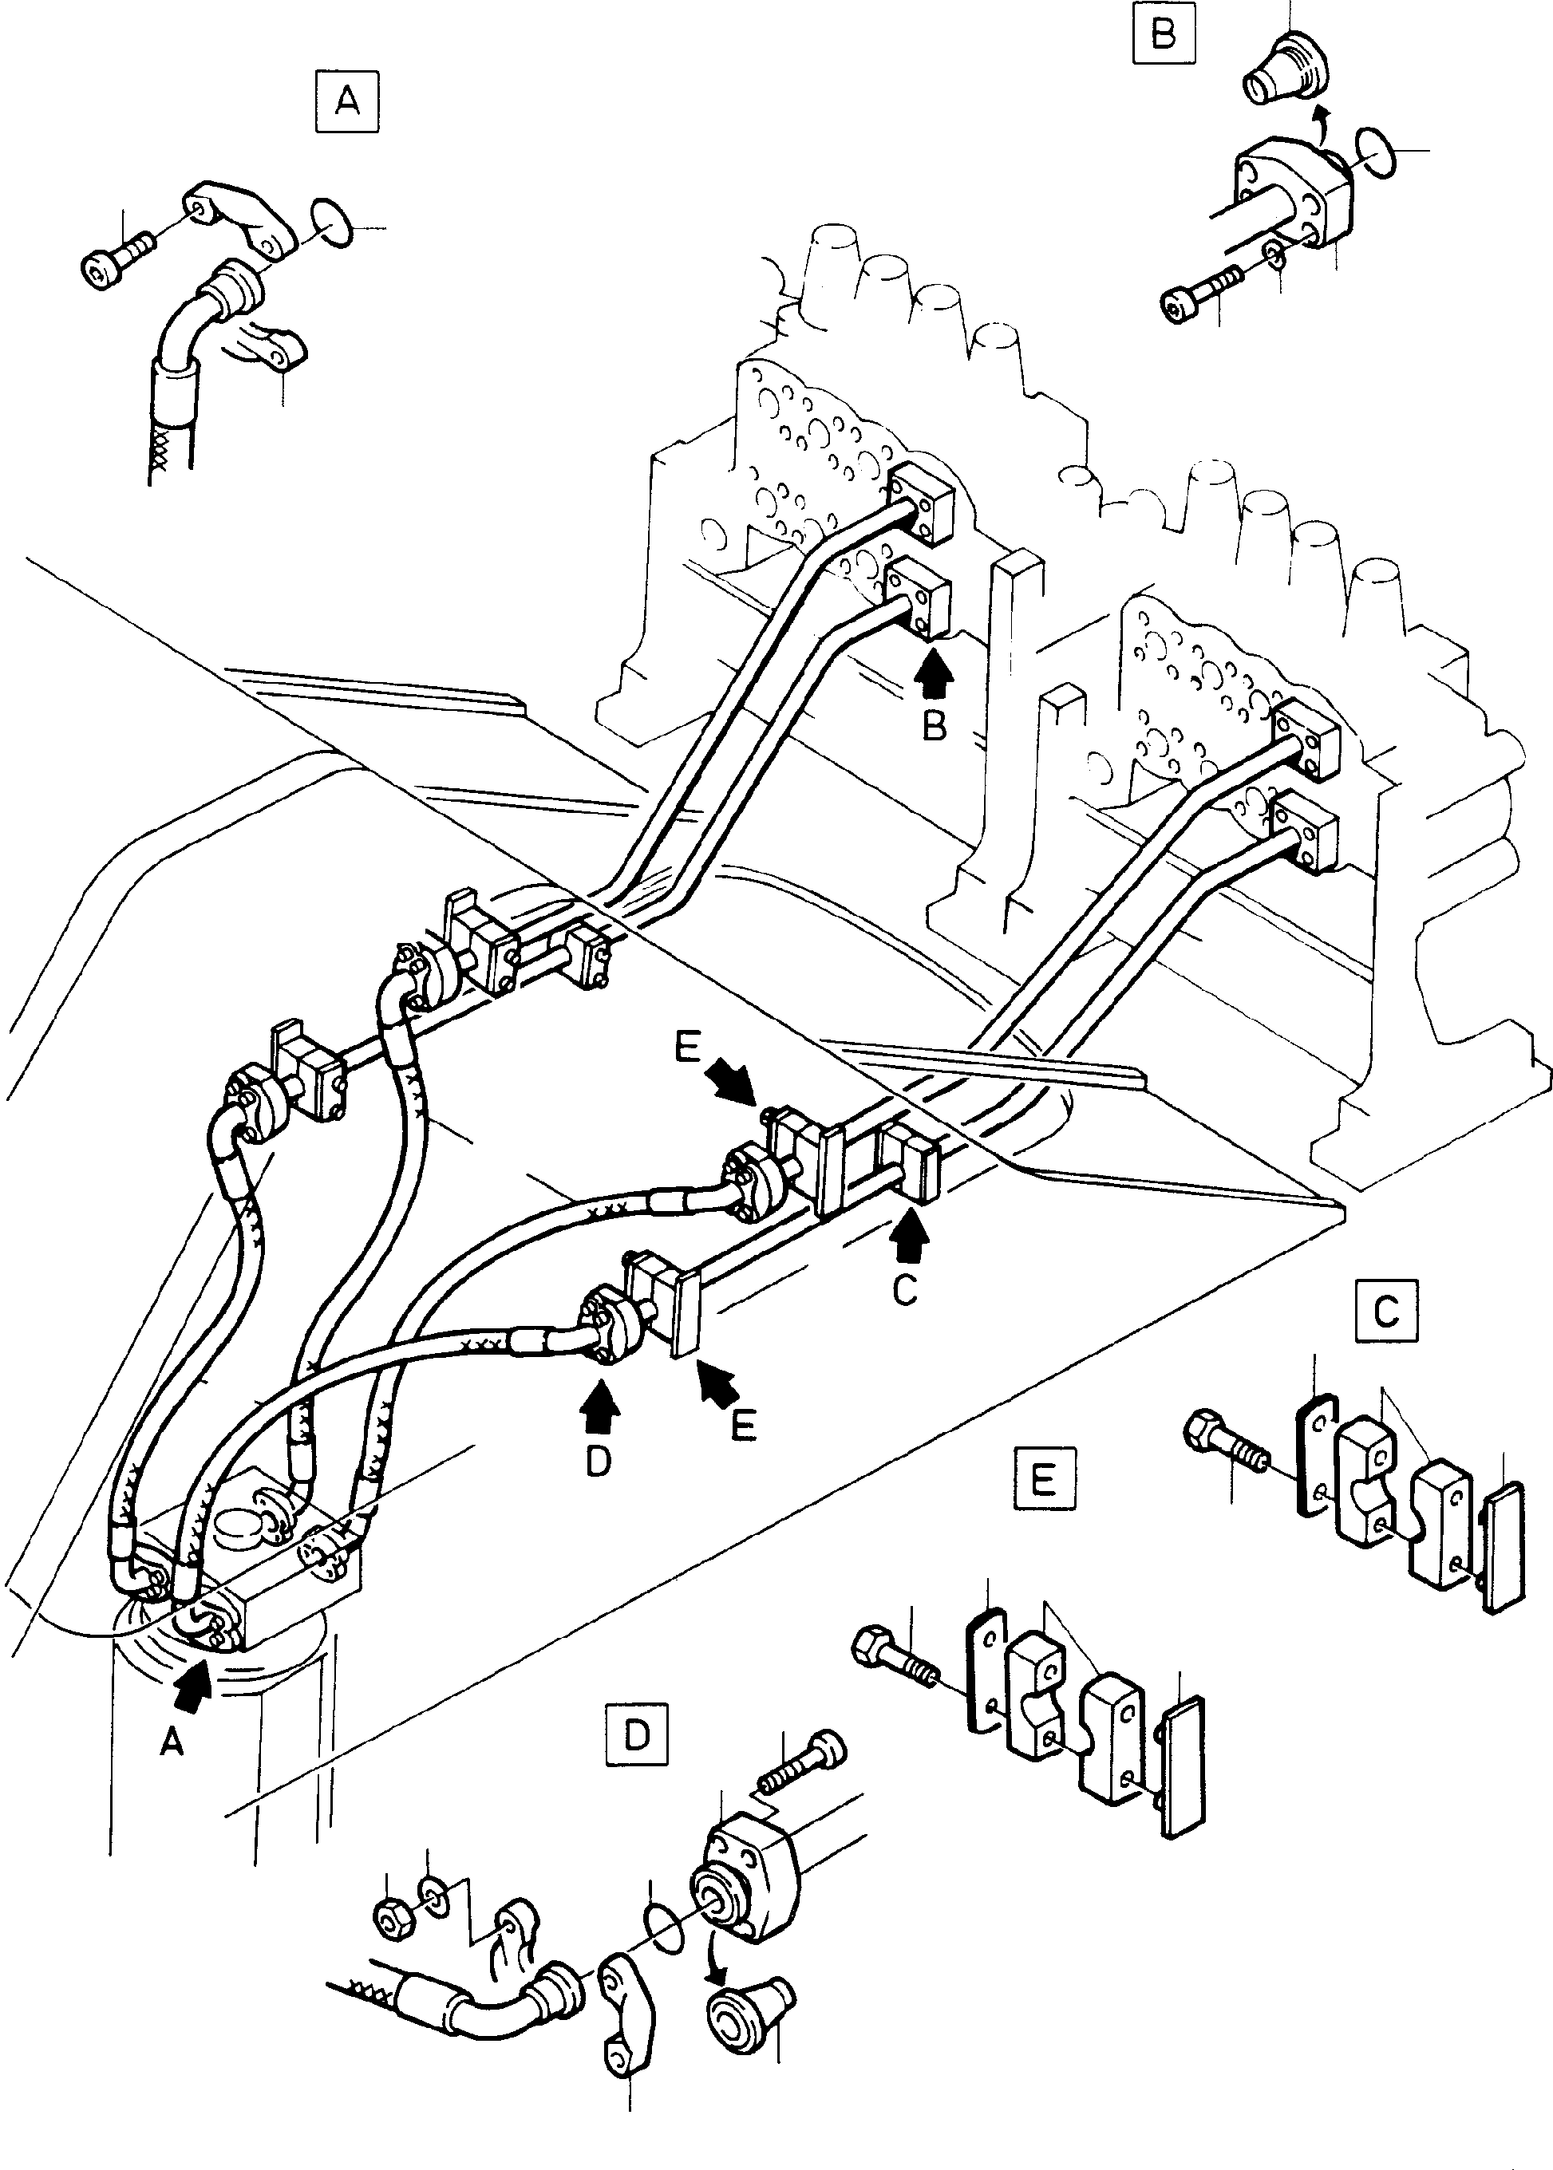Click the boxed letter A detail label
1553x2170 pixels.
(x=347, y=100)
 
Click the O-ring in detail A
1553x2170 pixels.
(x=331, y=225)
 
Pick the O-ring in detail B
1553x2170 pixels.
(x=1374, y=153)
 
